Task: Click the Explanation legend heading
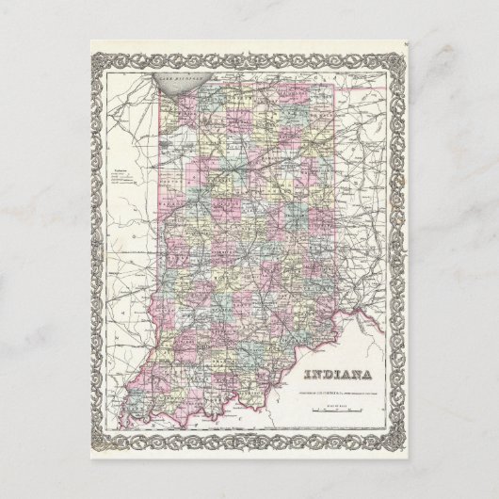pyautogui.click(x=120, y=169)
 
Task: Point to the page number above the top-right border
pyautogui.click(x=402, y=40)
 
